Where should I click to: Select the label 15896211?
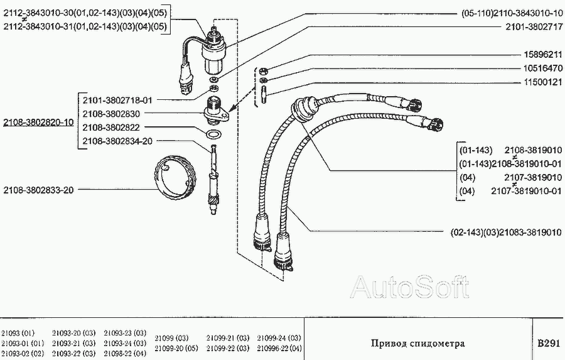tap(542, 55)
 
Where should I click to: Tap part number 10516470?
tap(542, 68)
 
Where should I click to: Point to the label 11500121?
tap(542, 82)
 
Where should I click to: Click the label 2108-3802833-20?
tap(38, 190)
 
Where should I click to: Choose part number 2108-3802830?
tap(111, 114)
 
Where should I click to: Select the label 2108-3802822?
tap(111, 128)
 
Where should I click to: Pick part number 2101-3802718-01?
tap(117, 100)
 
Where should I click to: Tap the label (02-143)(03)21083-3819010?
tap(506, 232)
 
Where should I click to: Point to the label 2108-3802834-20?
tap(117, 141)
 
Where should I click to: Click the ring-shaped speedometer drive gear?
tap(174, 180)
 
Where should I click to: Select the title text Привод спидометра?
tap(417, 344)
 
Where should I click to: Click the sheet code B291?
tap(547, 344)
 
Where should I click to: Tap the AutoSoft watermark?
tap(409, 288)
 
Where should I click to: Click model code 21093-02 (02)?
tap(23, 353)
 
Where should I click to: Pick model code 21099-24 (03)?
tap(281, 337)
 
